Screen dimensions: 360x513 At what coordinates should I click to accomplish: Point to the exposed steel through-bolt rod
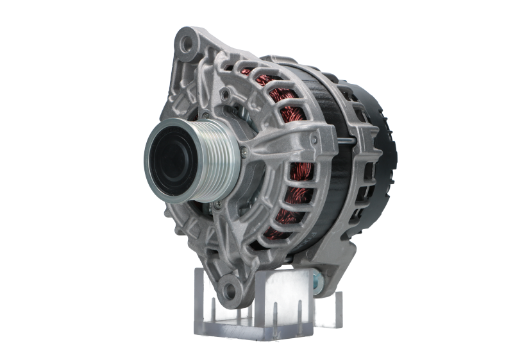coord(346,139)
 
